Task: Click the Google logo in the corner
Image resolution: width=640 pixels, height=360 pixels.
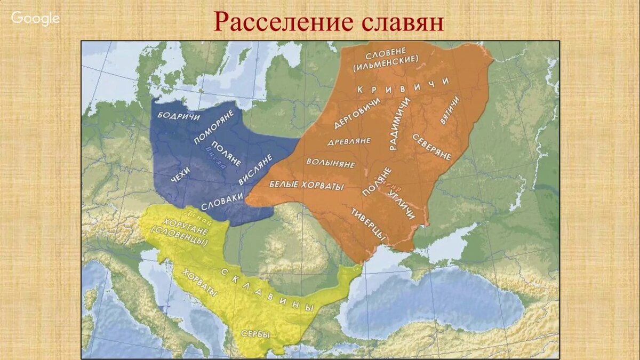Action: tap(35, 18)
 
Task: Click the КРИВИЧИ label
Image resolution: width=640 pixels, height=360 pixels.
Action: tap(403, 86)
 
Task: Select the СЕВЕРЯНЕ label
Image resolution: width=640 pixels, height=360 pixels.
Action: tap(431, 147)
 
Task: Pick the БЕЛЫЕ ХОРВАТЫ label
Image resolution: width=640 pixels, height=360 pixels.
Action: tap(306, 185)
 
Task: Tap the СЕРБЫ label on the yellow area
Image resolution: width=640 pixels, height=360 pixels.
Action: tap(255, 334)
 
